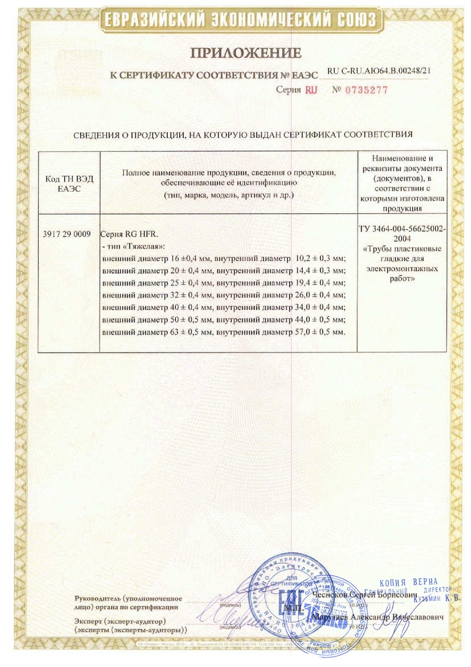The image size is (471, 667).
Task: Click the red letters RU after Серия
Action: pos(311,90)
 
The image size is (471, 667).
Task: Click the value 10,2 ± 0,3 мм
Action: pos(321,257)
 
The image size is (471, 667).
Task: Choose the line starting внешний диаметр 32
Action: pos(223,295)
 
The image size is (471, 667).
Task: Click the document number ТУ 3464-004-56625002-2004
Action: pos(402,233)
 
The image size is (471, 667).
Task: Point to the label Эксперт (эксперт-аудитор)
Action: pos(120,621)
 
